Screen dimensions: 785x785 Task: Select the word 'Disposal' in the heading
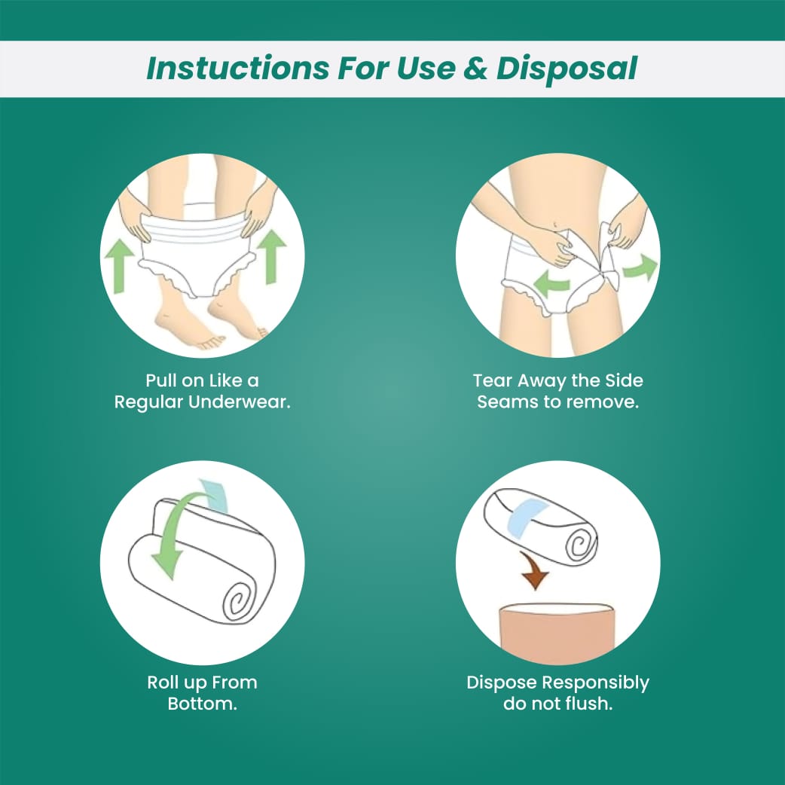click(567, 69)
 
